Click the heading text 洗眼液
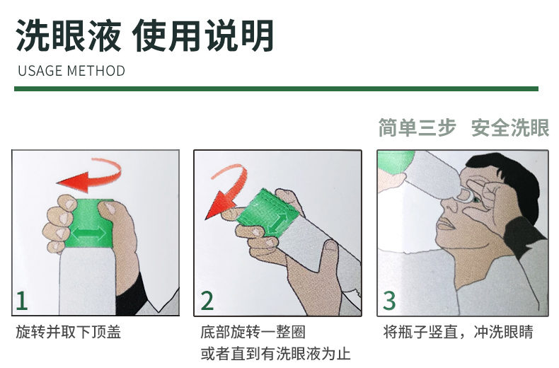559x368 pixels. point(69,35)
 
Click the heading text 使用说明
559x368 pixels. point(204,35)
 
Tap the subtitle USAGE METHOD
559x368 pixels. point(71,71)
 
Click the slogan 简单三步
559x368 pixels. point(417,127)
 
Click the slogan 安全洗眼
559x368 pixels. point(510,127)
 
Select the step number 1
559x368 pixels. point(22,301)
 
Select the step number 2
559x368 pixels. point(207,301)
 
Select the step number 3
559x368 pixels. point(389,301)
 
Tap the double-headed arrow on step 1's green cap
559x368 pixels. point(88,234)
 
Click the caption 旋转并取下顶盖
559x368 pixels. point(69,332)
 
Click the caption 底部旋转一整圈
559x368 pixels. point(253,332)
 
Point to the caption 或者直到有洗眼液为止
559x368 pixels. point(275,354)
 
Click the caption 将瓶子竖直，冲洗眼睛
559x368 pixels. point(458,332)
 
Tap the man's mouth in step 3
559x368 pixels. point(446,224)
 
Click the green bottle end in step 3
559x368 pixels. point(394,161)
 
